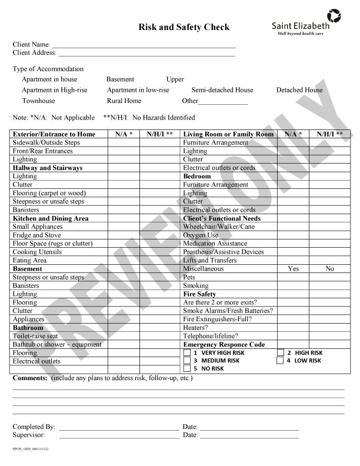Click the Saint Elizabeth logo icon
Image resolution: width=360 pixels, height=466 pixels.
click(x=333, y=15)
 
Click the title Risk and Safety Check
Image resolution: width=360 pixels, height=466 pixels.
click(x=184, y=27)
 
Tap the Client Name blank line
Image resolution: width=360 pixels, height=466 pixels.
click(x=144, y=45)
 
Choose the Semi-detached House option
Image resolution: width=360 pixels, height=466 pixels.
click(x=222, y=90)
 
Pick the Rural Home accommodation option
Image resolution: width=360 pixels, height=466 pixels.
click(x=124, y=101)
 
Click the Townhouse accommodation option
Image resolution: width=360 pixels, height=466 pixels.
click(x=38, y=101)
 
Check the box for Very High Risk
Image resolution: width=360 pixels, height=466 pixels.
click(x=187, y=352)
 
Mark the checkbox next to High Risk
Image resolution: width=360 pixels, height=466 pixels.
click(x=280, y=352)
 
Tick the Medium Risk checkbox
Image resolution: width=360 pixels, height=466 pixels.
click(x=187, y=361)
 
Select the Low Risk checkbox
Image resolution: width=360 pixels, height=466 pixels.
click(x=280, y=361)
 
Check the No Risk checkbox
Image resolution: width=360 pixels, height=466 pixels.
click(x=187, y=369)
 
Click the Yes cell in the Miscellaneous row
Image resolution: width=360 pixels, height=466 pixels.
click(x=294, y=269)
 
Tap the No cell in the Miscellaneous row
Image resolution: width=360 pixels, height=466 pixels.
click(x=329, y=269)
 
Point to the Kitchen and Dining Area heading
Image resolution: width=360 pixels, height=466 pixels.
click(x=51, y=218)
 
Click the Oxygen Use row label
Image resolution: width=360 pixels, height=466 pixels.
click(x=201, y=235)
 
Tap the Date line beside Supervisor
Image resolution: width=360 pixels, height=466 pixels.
click(x=248, y=437)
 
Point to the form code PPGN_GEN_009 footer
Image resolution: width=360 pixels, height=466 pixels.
click(x=30, y=449)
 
